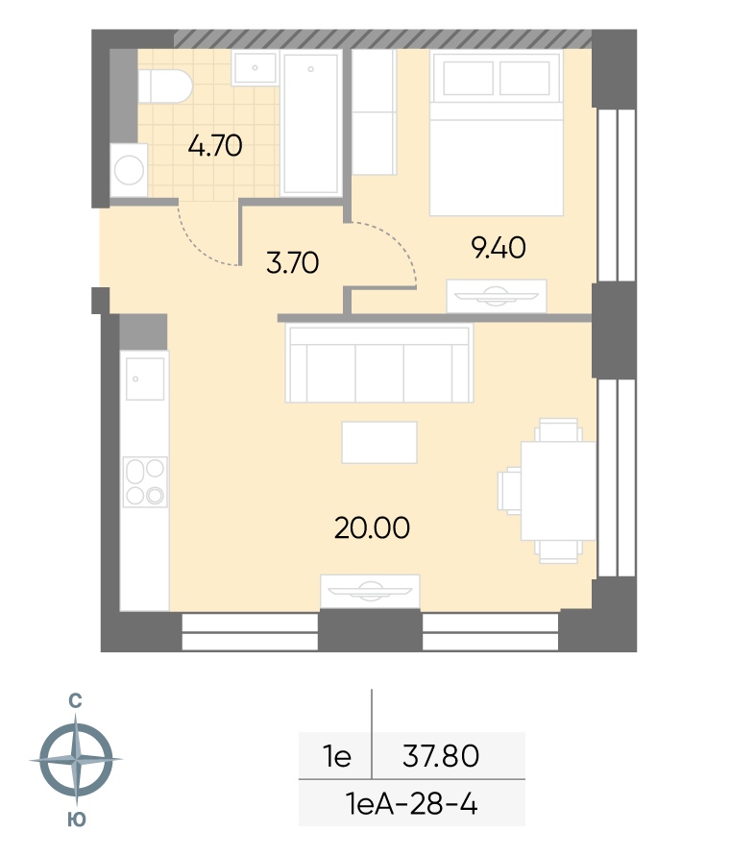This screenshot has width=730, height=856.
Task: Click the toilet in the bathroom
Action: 165,86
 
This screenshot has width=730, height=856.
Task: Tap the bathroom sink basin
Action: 255,67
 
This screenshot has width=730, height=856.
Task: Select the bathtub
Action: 310,123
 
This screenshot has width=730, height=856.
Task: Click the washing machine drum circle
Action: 130,170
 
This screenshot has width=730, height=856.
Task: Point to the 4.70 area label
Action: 215,146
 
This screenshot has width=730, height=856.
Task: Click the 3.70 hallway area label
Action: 293,262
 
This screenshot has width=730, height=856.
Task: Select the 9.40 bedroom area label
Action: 499,248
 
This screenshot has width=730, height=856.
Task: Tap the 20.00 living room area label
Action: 372,527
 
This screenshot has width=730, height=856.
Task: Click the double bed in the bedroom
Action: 497,133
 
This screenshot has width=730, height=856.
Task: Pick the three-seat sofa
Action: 379,363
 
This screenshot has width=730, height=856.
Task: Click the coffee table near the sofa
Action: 379,442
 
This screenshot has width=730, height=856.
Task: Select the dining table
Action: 558,491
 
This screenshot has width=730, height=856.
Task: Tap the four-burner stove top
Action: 145,482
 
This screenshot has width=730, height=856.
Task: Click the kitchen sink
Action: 145,379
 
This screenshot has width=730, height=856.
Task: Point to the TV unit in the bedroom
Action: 497,297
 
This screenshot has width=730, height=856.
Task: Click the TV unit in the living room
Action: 370,591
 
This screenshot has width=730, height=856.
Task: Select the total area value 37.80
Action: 441,756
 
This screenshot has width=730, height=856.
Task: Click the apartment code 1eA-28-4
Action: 412,804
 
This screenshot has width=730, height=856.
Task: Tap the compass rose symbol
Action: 76,759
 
